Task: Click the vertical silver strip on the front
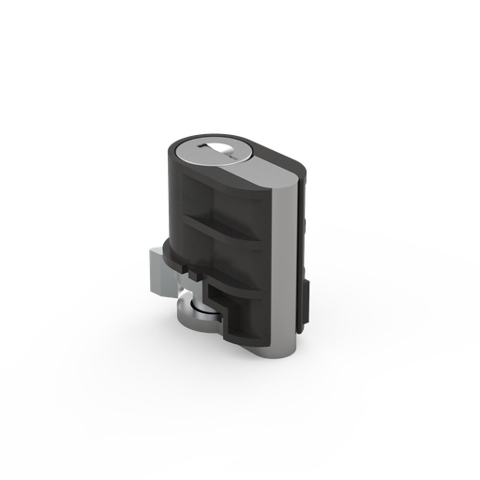click(x=282, y=272)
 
